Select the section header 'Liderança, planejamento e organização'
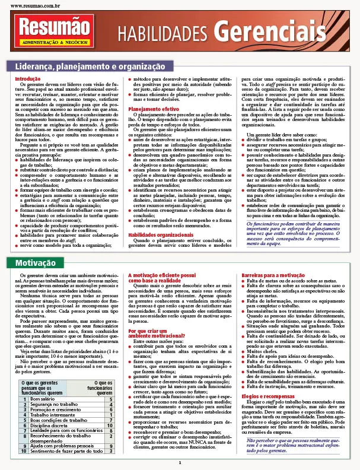pos(90,66)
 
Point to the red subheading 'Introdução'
pos(27,79)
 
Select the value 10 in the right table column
pos(110,409)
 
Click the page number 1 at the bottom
pos(179,463)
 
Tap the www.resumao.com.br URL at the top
pos(34,5)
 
